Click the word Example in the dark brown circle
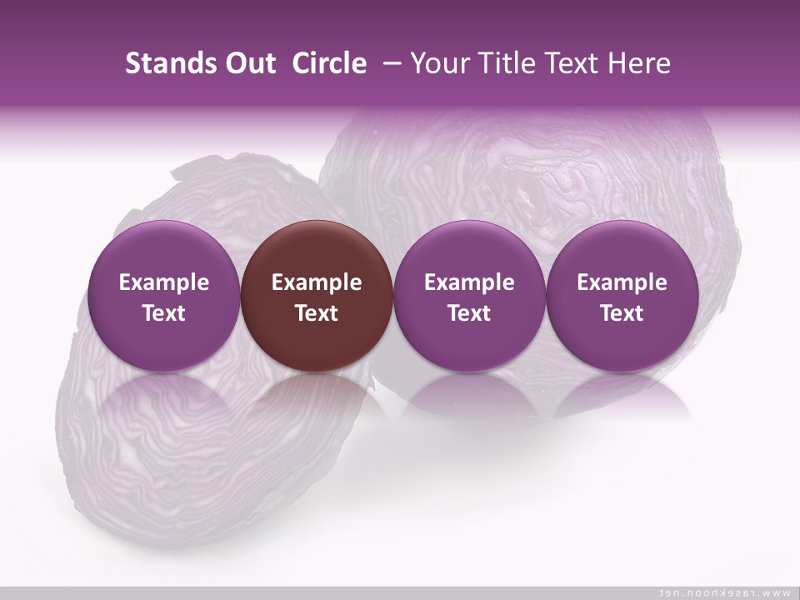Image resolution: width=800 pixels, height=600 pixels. coord(317,282)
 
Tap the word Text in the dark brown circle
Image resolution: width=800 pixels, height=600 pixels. coord(317,313)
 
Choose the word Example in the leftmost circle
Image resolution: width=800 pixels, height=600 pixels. coord(164,282)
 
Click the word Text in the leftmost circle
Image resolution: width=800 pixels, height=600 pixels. coord(164,313)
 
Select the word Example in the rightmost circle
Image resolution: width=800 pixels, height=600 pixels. coord(622,282)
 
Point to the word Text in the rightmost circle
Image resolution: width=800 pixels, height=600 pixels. coord(622,313)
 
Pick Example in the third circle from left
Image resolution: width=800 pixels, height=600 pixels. coord(469,282)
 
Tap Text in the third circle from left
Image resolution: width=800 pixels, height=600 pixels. coord(469,313)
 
